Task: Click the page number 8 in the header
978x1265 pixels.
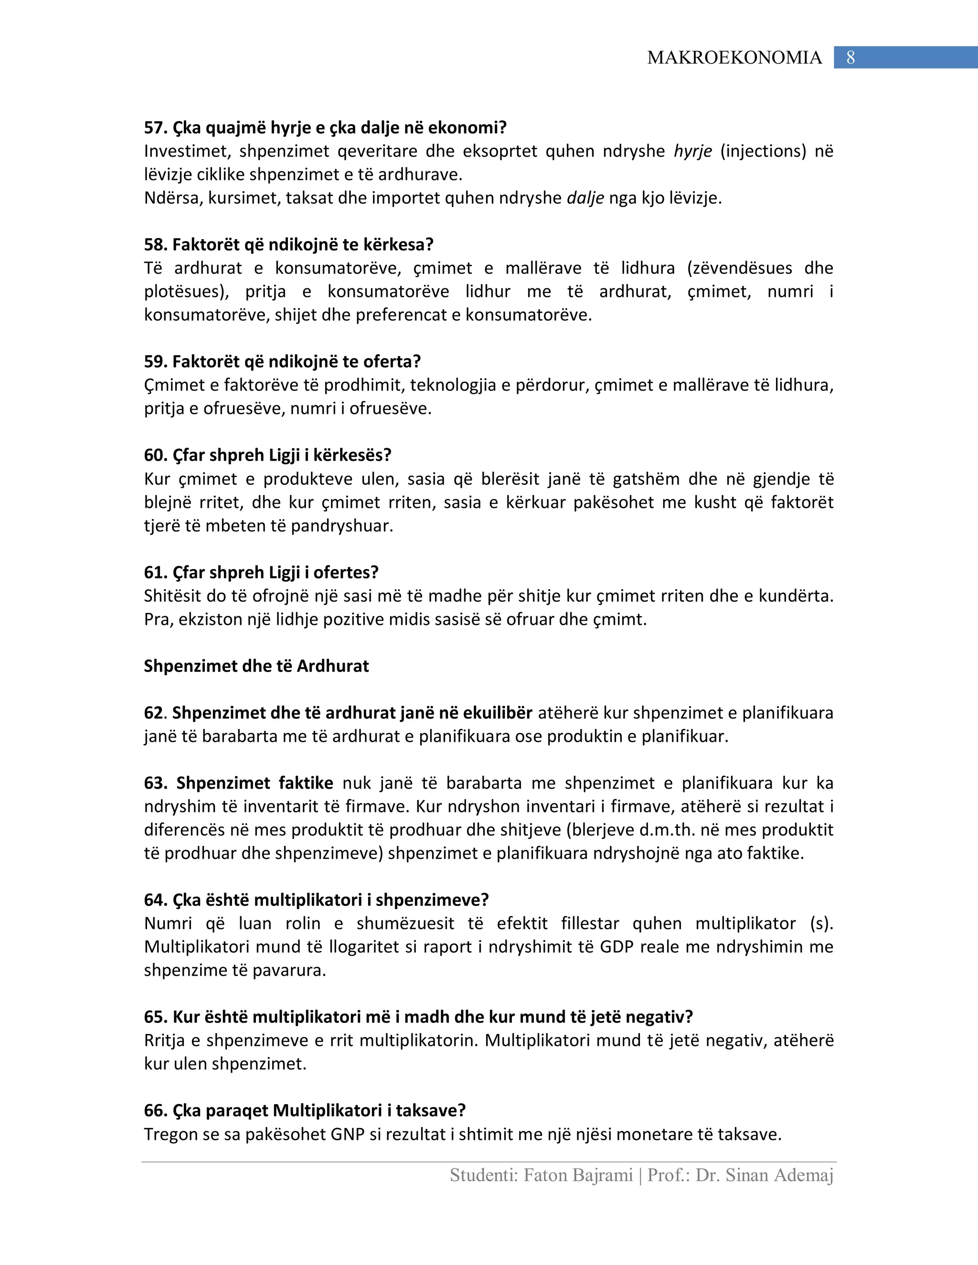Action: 850,57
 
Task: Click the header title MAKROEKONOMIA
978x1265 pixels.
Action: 734,57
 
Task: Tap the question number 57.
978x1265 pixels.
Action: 154,127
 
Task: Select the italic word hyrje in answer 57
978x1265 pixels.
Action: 692,151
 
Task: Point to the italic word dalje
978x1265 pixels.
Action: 585,198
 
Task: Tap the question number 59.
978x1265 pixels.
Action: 154,361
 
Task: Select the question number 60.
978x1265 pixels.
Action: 154,455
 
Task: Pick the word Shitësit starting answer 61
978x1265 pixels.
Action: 170,596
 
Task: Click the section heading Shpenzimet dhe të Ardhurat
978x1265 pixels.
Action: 256,666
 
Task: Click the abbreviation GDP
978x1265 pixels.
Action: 617,947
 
